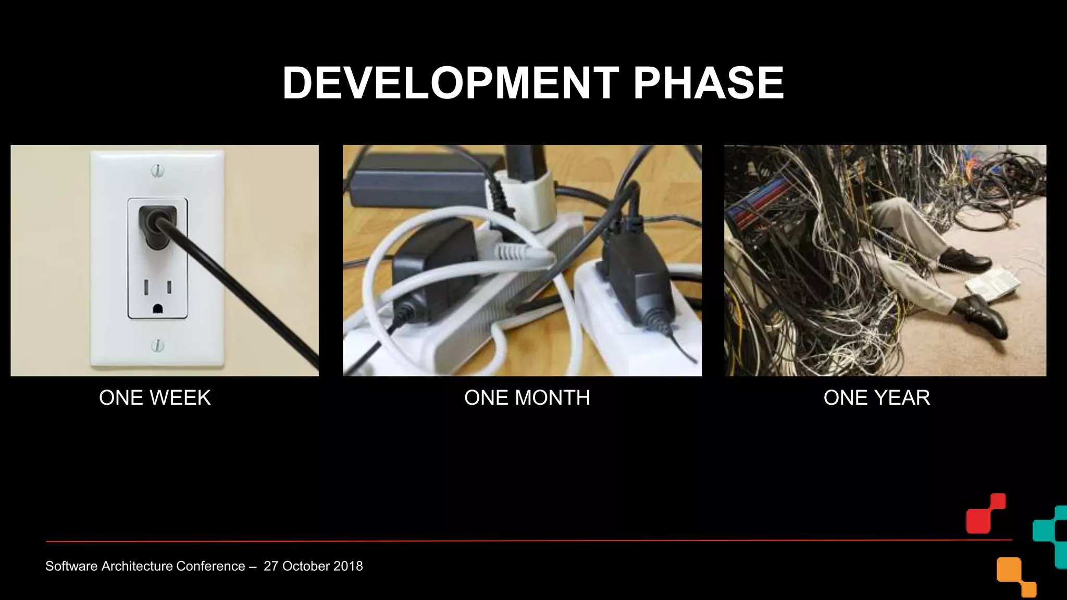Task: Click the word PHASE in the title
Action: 708,83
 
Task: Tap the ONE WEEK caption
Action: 155,398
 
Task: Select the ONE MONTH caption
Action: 527,398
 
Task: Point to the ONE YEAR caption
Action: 876,398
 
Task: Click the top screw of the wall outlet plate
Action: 157,170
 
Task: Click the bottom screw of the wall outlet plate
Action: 157,345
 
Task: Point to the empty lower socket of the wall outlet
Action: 157,296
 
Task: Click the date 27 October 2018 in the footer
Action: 313,566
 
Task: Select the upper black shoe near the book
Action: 964,259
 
